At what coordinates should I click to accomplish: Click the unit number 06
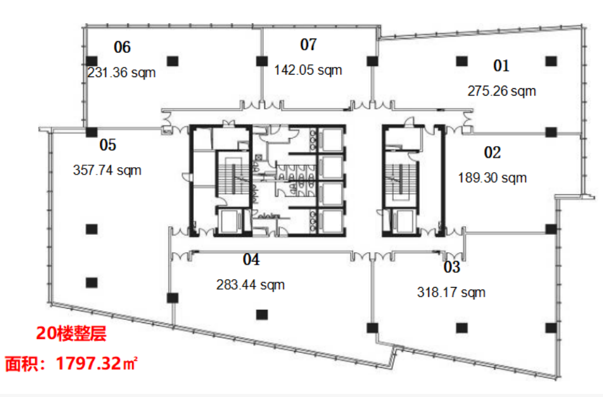pos(123,47)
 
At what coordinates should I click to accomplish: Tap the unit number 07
pos(309,45)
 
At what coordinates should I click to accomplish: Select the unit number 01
pos(502,66)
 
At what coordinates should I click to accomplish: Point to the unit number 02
pos(492,152)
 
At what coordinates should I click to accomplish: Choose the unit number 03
pos(452,267)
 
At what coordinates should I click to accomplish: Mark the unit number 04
pos(251,260)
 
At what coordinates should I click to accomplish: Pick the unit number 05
pos(108,145)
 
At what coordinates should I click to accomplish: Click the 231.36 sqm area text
pos(121,73)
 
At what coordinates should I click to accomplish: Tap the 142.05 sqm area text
pos(308,70)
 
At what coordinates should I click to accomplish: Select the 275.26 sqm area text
pos(502,91)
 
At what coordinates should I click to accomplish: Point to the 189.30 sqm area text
pos(492,178)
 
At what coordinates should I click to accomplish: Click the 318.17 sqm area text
pos(452,292)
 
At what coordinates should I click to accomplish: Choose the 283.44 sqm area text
pos(250,285)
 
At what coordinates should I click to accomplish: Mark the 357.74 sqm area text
pos(107,170)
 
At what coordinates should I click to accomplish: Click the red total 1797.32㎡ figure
pos(96,363)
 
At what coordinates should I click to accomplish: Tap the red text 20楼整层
pos(71,333)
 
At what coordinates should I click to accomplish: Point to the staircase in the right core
pos(401,180)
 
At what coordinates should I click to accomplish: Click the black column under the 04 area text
pos(262,315)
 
